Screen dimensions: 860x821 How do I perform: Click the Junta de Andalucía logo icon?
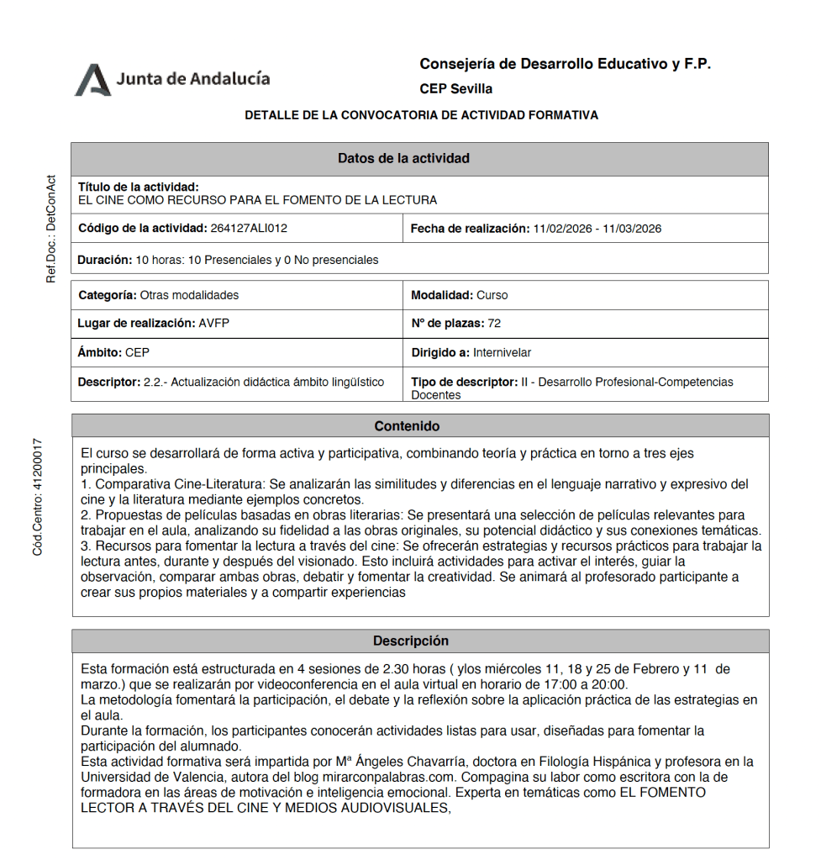(x=92, y=80)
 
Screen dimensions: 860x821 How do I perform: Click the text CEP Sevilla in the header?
(x=455, y=89)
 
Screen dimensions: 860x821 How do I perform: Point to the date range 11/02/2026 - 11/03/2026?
(x=597, y=228)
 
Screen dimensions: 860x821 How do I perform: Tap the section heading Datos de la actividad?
(x=403, y=158)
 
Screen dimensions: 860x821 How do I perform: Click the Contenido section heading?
(x=407, y=426)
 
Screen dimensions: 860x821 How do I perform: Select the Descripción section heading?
(x=411, y=641)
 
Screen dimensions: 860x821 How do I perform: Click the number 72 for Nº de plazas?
(x=494, y=323)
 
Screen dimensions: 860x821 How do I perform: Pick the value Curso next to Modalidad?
(x=492, y=295)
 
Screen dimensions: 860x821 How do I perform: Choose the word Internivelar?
(x=502, y=352)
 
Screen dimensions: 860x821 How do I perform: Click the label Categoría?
(x=108, y=295)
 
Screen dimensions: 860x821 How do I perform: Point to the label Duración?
(x=105, y=260)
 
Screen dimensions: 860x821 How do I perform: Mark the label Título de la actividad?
(x=138, y=187)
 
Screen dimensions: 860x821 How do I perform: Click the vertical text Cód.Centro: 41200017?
(x=38, y=497)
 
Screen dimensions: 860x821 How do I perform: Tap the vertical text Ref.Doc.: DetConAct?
(x=50, y=228)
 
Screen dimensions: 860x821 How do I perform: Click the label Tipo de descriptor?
(x=464, y=382)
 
